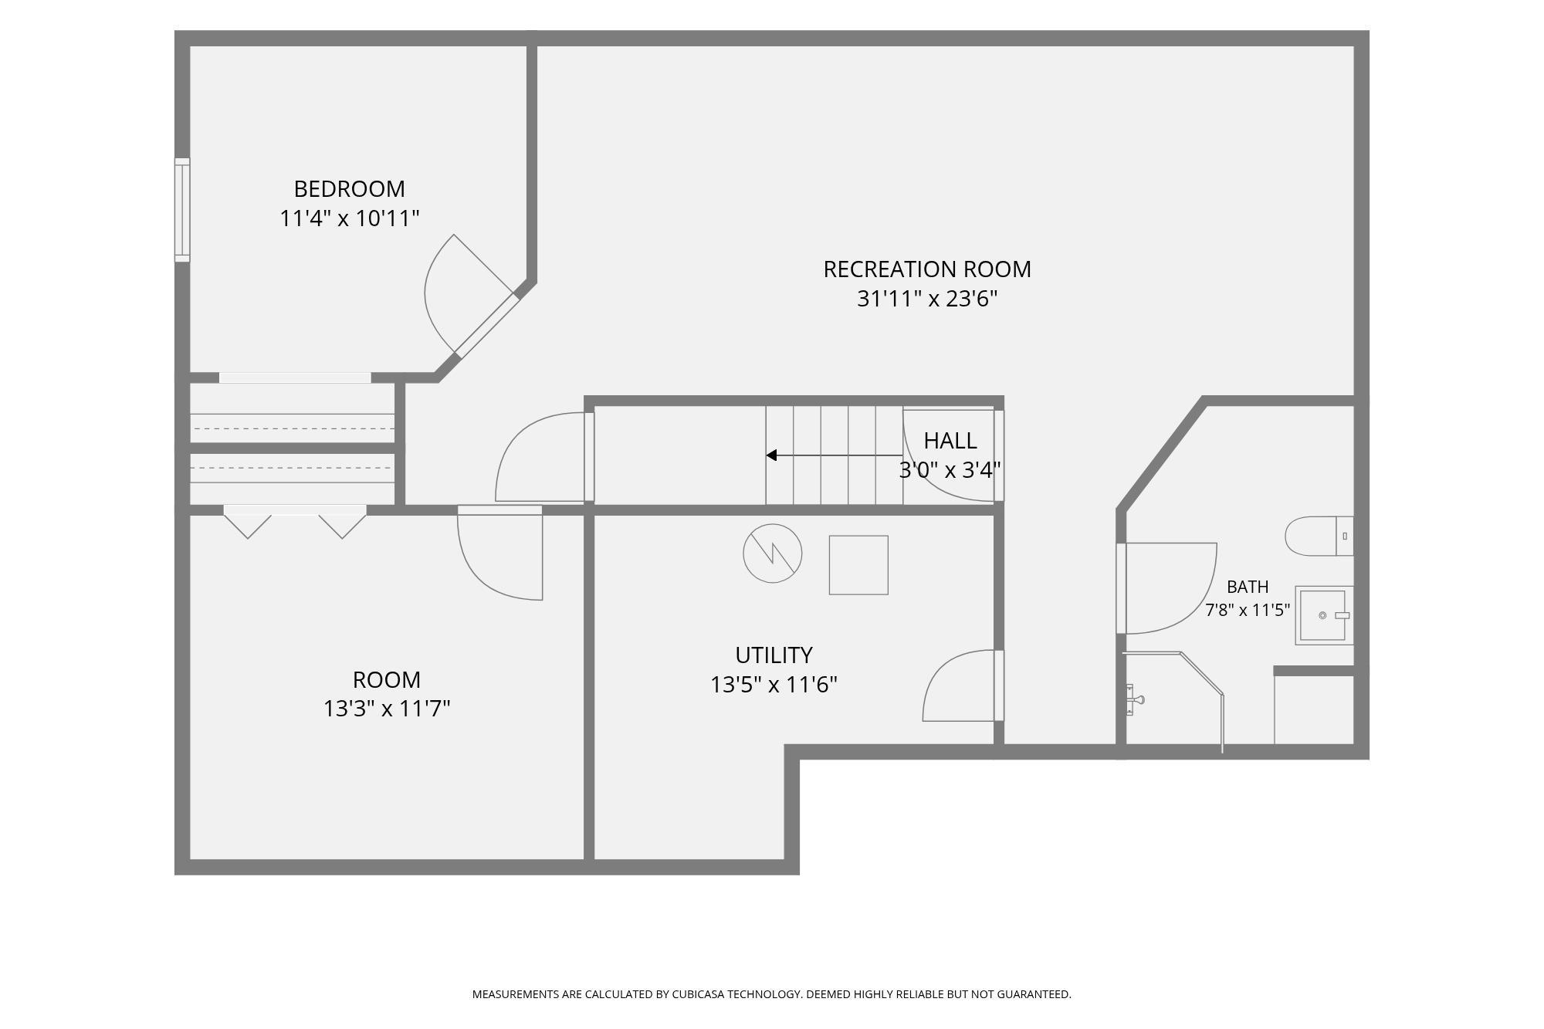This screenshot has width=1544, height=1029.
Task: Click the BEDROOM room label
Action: click(x=349, y=189)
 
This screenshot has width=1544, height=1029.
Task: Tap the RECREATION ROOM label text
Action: click(x=926, y=269)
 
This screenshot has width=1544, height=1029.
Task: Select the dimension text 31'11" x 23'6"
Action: click(x=926, y=299)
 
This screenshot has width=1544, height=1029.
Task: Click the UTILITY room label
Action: click(x=774, y=655)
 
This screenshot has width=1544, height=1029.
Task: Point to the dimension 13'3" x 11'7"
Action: click(x=386, y=709)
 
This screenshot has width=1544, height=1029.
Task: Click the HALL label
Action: click(x=950, y=441)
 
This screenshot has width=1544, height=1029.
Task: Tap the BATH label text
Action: click(x=1248, y=587)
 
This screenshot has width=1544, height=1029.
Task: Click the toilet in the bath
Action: click(x=1319, y=536)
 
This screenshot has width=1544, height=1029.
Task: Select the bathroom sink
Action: click(x=1324, y=615)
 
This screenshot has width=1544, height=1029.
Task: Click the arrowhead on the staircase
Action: click(x=771, y=455)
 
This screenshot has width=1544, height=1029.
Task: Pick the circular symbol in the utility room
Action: click(x=773, y=553)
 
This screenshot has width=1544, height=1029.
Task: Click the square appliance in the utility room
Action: click(x=858, y=565)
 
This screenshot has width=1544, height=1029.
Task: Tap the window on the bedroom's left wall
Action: click(x=182, y=210)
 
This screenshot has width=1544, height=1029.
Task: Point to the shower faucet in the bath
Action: click(x=1134, y=700)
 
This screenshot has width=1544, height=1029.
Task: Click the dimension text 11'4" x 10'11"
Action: click(x=349, y=218)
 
